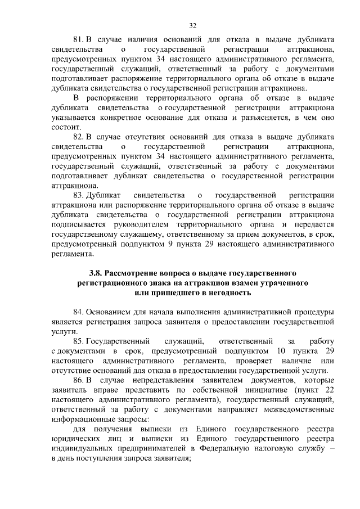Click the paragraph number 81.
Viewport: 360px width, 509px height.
(79, 40)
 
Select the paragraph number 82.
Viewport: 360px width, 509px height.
(79, 137)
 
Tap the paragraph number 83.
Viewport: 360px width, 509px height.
(79, 195)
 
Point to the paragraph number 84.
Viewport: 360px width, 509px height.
(79, 312)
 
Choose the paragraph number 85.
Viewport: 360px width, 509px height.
(79, 341)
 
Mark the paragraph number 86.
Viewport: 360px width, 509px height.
(79, 380)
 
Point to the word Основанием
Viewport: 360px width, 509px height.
(110, 312)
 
